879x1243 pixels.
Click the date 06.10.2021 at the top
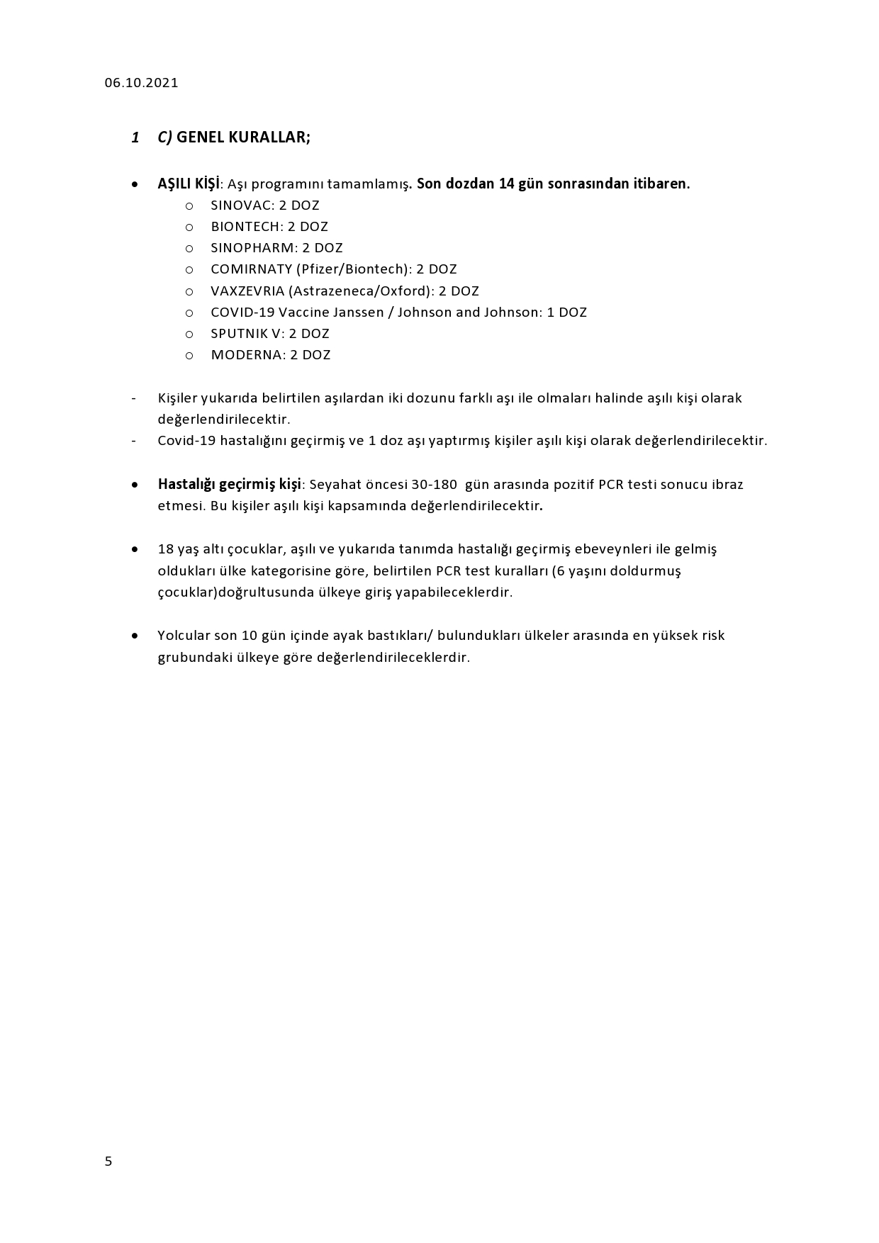(x=141, y=83)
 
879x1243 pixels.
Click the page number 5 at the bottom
(x=108, y=1161)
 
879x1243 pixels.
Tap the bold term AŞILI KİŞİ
(x=189, y=184)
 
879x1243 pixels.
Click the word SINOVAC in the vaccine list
(x=242, y=206)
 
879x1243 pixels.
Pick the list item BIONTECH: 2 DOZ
(x=269, y=227)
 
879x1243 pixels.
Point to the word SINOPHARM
(x=252, y=248)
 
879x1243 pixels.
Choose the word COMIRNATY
(x=251, y=269)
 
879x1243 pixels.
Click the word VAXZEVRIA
(x=247, y=291)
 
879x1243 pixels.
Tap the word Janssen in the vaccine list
(x=358, y=313)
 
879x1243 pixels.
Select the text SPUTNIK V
(x=245, y=334)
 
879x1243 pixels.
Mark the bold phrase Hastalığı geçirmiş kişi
(x=230, y=485)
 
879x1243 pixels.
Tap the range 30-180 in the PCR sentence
(x=434, y=485)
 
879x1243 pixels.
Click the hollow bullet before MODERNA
(x=189, y=356)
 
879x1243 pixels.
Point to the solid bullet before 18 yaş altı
(x=135, y=549)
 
